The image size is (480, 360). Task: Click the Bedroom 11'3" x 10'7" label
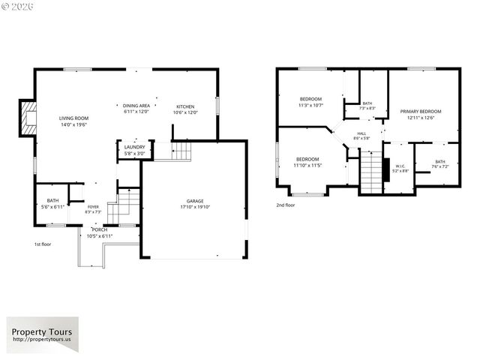pyautogui.click(x=310, y=102)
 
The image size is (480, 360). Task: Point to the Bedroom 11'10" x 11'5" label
pyautogui.click(x=307, y=162)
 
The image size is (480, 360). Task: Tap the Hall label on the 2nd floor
pyautogui.click(x=361, y=136)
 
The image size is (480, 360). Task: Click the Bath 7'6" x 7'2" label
pyautogui.click(x=439, y=164)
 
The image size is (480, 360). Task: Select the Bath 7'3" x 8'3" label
pyautogui.click(x=367, y=106)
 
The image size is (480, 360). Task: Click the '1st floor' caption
pyautogui.click(x=42, y=244)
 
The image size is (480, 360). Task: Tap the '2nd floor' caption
pyautogui.click(x=285, y=205)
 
